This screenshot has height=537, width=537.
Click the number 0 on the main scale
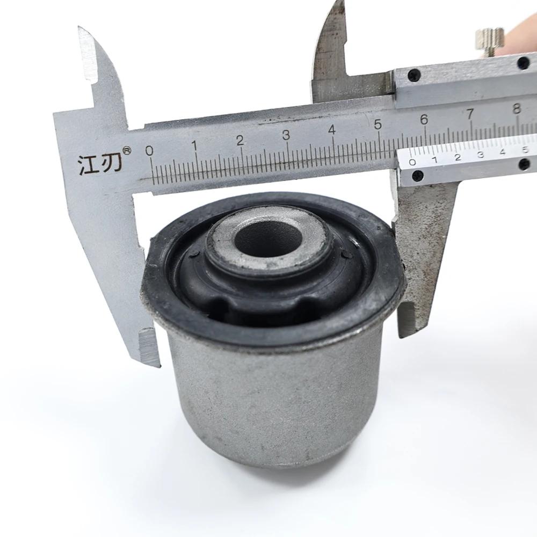[149, 150]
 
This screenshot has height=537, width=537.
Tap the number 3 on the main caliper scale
[286, 135]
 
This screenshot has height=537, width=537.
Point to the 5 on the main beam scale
[378, 125]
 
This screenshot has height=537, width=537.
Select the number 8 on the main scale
[517, 108]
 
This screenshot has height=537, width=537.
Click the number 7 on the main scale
[470, 114]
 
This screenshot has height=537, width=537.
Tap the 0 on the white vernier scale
[412, 162]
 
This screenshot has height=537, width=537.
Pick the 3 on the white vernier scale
[481, 155]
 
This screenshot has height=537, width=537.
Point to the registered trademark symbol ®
[127, 151]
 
